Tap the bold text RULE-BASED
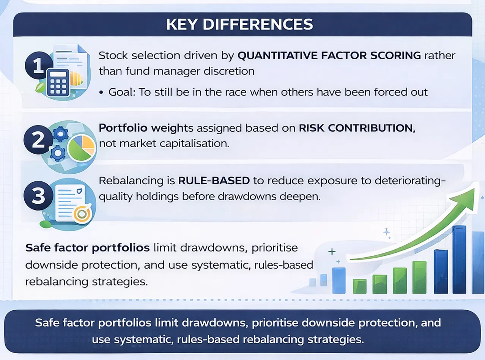pyautogui.click(x=214, y=181)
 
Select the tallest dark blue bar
pyautogui.click(x=459, y=259)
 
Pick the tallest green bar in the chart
pyautogui.click(x=419, y=277)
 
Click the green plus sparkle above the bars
pyautogui.click(x=332, y=252)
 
